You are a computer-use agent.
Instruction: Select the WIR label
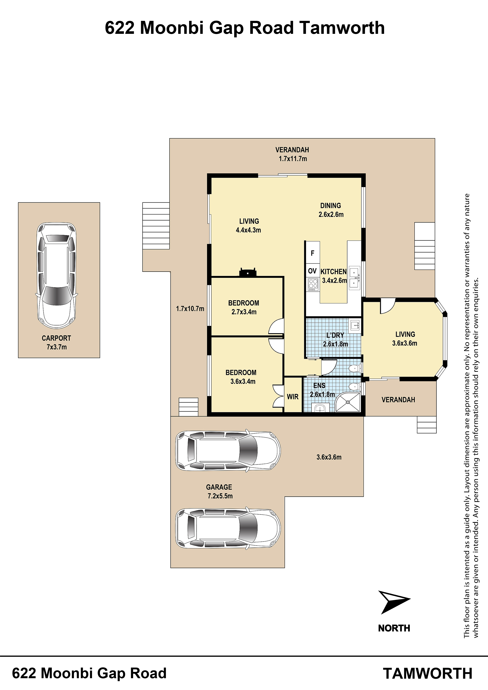tap(293, 397)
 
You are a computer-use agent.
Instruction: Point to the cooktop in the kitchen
tap(313, 284)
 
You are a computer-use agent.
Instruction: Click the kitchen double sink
tap(354, 278)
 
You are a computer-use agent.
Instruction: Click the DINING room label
tap(330, 206)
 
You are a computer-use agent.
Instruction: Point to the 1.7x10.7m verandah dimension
tap(190, 309)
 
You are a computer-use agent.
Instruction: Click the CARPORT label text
tap(56, 338)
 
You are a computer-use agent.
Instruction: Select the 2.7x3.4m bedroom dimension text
tap(244, 312)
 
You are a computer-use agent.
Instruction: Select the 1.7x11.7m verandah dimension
tap(293, 159)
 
